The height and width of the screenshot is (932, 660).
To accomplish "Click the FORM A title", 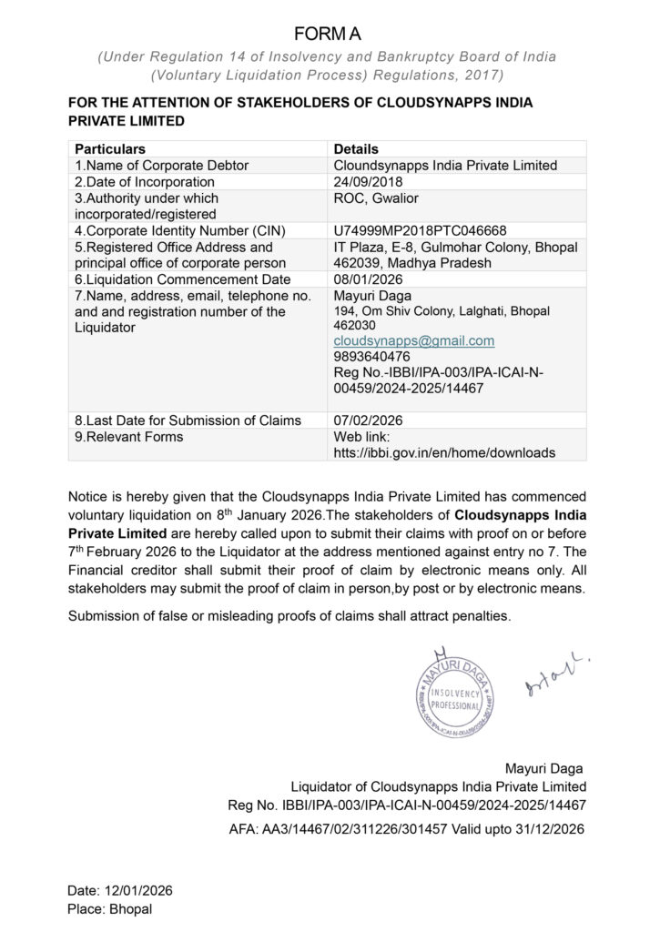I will point(328,35).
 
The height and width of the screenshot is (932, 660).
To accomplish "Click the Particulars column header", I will point(110,148).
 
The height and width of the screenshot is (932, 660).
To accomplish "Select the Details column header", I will point(356,148).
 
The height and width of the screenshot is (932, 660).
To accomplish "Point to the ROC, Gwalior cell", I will point(376,198).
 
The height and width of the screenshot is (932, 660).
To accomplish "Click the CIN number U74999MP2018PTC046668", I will point(420,230).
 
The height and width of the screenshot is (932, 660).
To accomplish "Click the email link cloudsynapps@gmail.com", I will point(414,340).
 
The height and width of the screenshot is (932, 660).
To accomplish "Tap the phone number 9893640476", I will point(371,357).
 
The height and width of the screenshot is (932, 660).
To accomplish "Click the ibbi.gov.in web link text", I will point(444,451).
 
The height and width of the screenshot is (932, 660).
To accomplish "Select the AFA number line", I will point(407,829).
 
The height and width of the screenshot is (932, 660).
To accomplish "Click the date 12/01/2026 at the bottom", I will point(120,890).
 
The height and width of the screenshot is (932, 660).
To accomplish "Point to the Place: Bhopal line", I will point(110,908).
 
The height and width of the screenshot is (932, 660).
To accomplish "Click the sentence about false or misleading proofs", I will point(289,616).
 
